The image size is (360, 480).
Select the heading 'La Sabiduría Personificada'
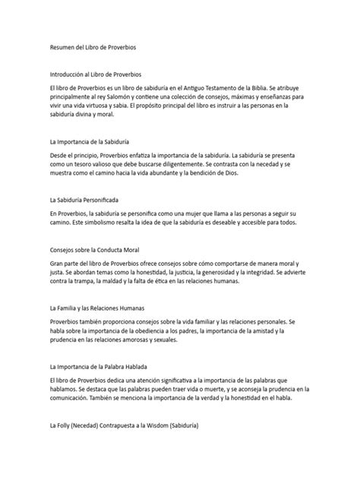(89, 201)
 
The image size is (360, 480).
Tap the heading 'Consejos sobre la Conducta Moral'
(93, 249)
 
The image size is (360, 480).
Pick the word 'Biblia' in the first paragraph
(298, 87)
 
